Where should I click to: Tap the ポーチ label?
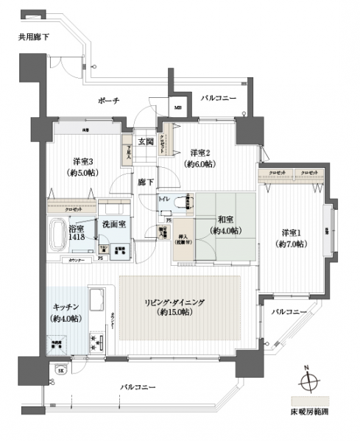107,99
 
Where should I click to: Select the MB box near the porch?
178,107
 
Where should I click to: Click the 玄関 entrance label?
144,142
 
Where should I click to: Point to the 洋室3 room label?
81,161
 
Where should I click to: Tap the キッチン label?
66,307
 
